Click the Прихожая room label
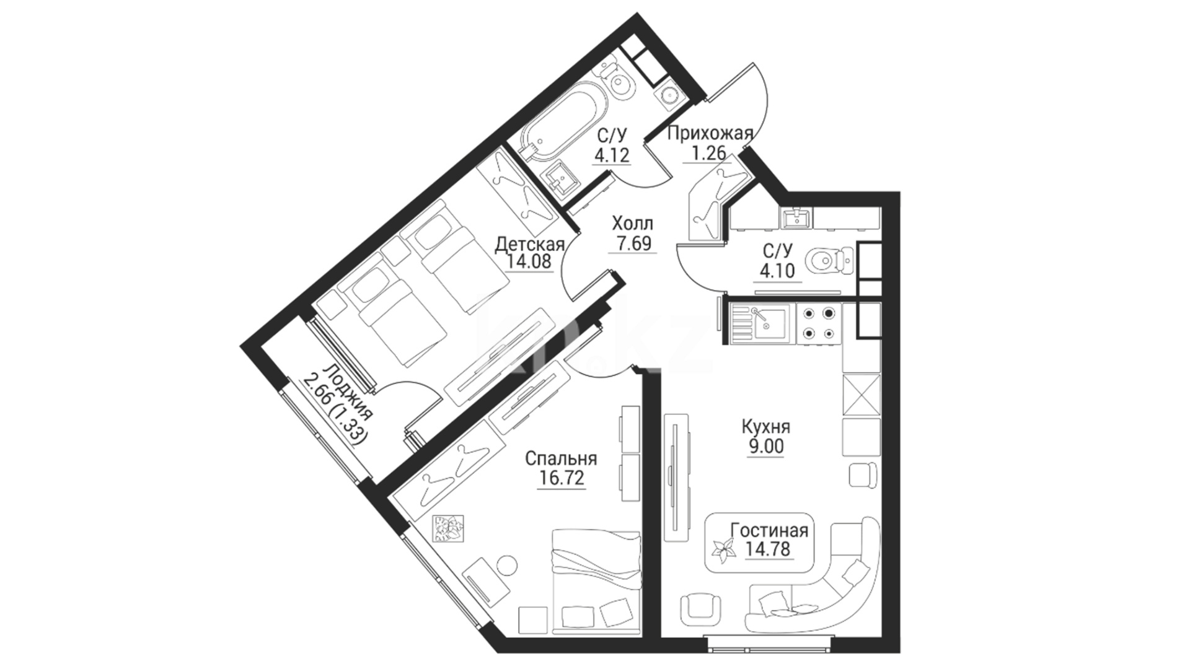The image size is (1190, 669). click(x=710, y=133)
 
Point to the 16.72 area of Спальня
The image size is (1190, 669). click(x=561, y=478)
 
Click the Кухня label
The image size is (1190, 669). click(x=766, y=427)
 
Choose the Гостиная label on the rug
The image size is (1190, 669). click(x=769, y=531)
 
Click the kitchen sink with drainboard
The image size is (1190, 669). click(x=760, y=324)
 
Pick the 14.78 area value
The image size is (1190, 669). click(x=769, y=549)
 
